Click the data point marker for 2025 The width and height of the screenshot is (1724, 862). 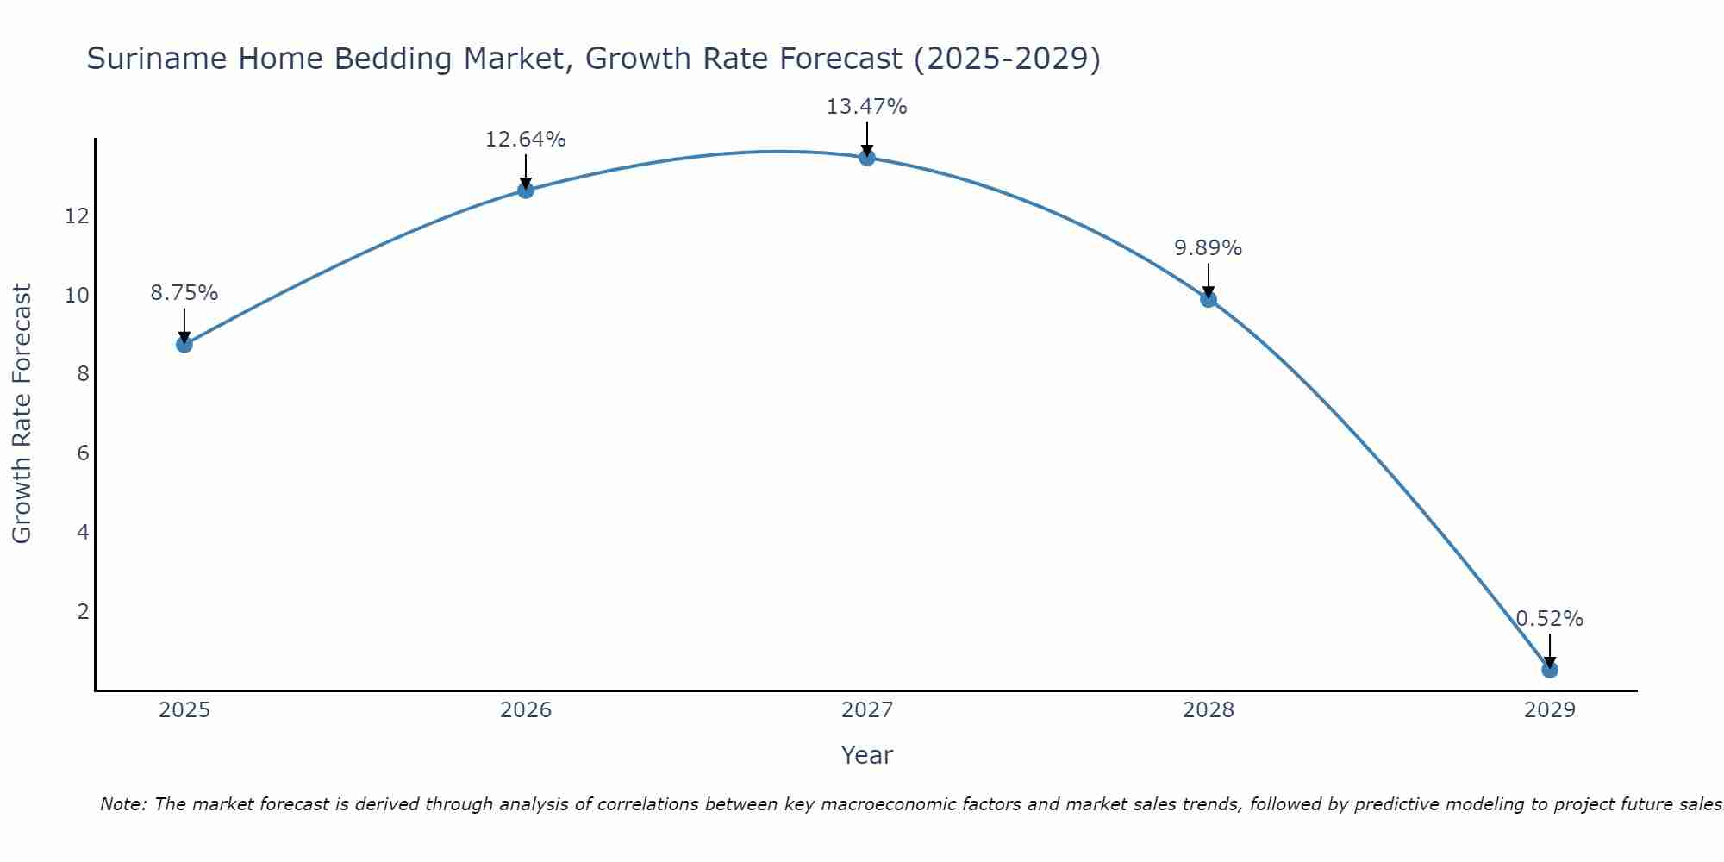[184, 344]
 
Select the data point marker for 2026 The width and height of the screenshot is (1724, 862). [526, 190]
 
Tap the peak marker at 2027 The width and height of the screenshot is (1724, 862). [867, 157]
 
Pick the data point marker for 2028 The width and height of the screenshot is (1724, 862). [1209, 299]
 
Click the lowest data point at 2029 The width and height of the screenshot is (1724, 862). [1550, 670]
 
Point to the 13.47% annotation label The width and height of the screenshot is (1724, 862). [866, 107]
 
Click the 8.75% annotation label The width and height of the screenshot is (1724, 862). [184, 293]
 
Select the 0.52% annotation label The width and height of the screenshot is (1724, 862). [1549, 619]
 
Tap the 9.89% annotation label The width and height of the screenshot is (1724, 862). [1208, 248]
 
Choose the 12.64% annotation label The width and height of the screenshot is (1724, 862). [525, 140]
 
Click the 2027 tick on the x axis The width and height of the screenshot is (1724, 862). [867, 710]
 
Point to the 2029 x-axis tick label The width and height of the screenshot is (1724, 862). [1550, 710]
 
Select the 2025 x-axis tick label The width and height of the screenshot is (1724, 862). [184, 710]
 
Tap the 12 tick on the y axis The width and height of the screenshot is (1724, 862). [77, 215]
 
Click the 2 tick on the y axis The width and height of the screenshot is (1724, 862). [83, 611]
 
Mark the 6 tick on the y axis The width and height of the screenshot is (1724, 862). [83, 453]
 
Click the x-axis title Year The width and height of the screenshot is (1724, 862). [866, 755]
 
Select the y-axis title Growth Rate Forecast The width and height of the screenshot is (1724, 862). [22, 414]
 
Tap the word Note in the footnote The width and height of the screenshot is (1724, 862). [122, 804]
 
